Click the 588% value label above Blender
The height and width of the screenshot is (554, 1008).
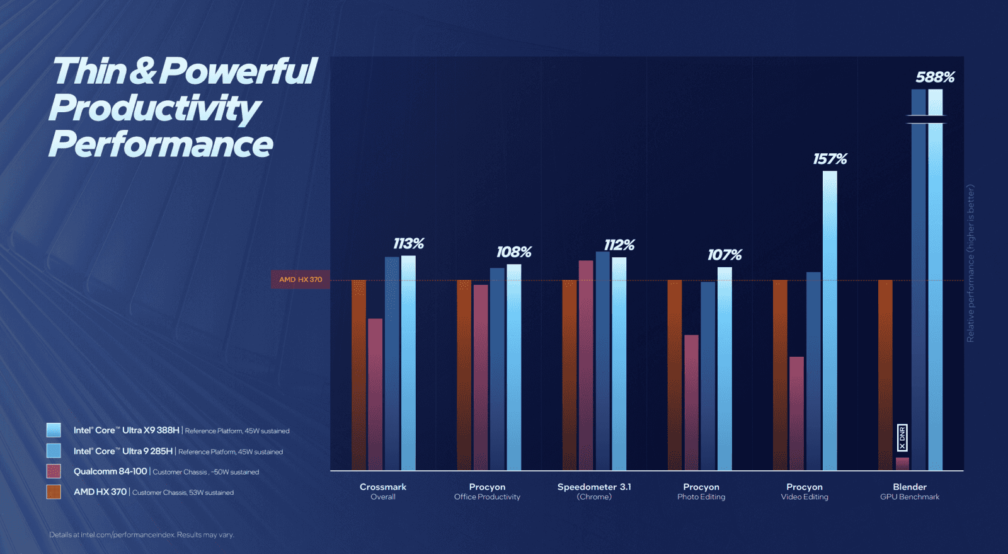pyautogui.click(x=935, y=77)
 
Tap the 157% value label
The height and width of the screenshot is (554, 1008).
pyautogui.click(x=830, y=159)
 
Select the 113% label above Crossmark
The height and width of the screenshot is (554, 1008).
pyautogui.click(x=408, y=243)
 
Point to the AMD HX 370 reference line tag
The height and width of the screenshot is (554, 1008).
pyautogui.click(x=301, y=279)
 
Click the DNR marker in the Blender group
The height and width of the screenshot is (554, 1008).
pyautogui.click(x=902, y=437)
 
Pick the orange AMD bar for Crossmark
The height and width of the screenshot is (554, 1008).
pyautogui.click(x=358, y=375)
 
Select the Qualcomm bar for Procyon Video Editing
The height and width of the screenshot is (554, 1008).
pyautogui.click(x=796, y=413)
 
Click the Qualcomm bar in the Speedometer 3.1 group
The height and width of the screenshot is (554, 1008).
pyautogui.click(x=586, y=365)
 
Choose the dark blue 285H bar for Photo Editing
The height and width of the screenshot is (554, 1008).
pyautogui.click(x=708, y=376)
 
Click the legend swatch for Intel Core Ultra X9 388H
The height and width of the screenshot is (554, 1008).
pyautogui.click(x=54, y=430)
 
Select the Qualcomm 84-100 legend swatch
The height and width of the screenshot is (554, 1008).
pyautogui.click(x=54, y=471)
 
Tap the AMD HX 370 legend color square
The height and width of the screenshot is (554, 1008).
pyautogui.click(x=54, y=492)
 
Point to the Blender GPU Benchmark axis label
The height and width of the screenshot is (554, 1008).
pyautogui.click(x=910, y=491)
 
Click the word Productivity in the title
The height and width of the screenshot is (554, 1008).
pyautogui.click(x=154, y=108)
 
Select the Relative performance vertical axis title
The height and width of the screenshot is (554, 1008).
pyautogui.click(x=970, y=263)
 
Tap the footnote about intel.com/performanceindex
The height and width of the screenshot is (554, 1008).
pyautogui.click(x=142, y=534)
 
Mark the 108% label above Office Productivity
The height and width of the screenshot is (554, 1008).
pyautogui.click(x=513, y=252)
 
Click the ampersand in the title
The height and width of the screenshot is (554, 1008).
pyautogui.click(x=143, y=71)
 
